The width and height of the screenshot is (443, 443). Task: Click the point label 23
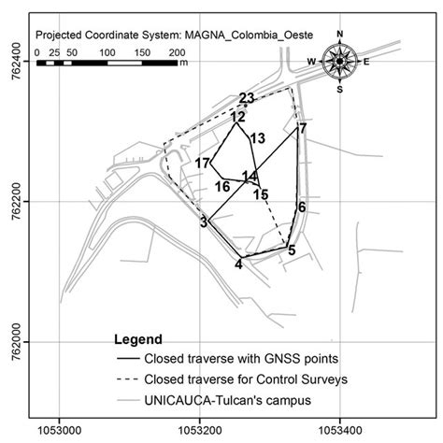[x=247, y=98]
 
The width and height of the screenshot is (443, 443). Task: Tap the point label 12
[x=238, y=117]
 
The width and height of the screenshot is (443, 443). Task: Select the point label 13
[x=258, y=138]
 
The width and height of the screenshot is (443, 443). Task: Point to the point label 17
[x=203, y=164]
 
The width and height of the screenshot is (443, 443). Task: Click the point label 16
[x=221, y=187]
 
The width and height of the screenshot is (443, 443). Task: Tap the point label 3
[x=203, y=222]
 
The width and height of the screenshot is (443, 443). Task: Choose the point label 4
[x=238, y=264]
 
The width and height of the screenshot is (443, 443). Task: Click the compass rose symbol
[x=339, y=63]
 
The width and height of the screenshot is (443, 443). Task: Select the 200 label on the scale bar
[x=178, y=53]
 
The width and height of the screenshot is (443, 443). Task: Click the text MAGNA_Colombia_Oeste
[x=235, y=35]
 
